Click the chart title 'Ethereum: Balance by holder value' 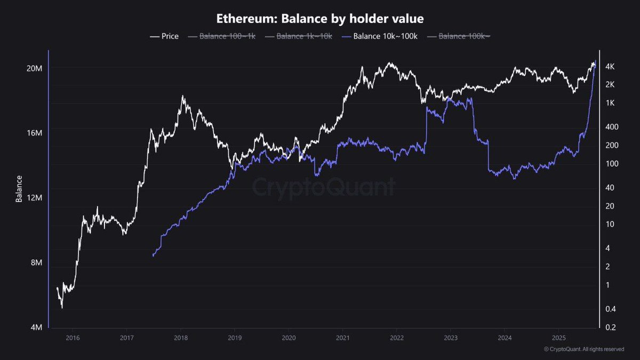pyautogui.click(x=320, y=18)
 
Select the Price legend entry pyautogui.click(x=164, y=36)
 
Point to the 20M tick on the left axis pyautogui.click(x=35, y=69)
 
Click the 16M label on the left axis pyautogui.click(x=35, y=133)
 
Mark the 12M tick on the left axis pyautogui.click(x=35, y=198)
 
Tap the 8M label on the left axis pyautogui.click(x=36, y=263)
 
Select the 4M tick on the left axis pyautogui.click(x=36, y=327)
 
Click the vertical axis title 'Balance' pyautogui.click(x=19, y=189)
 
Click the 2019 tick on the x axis pyautogui.click(x=234, y=338)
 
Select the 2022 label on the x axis pyautogui.click(x=396, y=338)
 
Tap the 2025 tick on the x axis pyautogui.click(x=557, y=338)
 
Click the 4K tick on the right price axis pyautogui.click(x=611, y=67)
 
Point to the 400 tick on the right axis pyautogui.click(x=612, y=127)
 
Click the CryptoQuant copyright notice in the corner pyautogui.click(x=583, y=349)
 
